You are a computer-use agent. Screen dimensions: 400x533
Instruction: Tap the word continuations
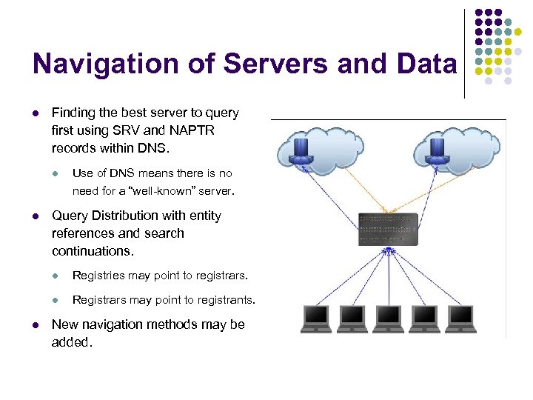point(93,251)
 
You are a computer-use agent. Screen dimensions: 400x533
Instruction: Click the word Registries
point(98,276)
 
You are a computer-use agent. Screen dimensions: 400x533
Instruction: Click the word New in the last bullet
point(65,324)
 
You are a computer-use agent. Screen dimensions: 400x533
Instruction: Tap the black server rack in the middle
point(388,230)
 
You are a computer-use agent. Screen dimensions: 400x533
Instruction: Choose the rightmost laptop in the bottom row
point(460,318)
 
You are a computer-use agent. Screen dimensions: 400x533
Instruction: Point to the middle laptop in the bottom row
point(389,318)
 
